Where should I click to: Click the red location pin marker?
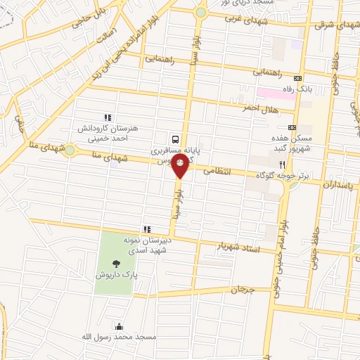(x=181, y=166)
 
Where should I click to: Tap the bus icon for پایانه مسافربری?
(x=175, y=139)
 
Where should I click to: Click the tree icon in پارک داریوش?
(x=115, y=264)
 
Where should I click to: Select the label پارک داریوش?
(x=115, y=275)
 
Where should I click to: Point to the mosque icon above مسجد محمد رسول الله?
(x=119, y=326)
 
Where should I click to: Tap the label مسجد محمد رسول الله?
(x=119, y=337)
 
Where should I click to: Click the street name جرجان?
(x=240, y=289)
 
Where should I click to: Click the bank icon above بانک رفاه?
(x=299, y=78)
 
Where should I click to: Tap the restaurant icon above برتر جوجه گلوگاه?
(x=282, y=162)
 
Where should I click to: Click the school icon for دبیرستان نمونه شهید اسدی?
(x=146, y=229)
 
